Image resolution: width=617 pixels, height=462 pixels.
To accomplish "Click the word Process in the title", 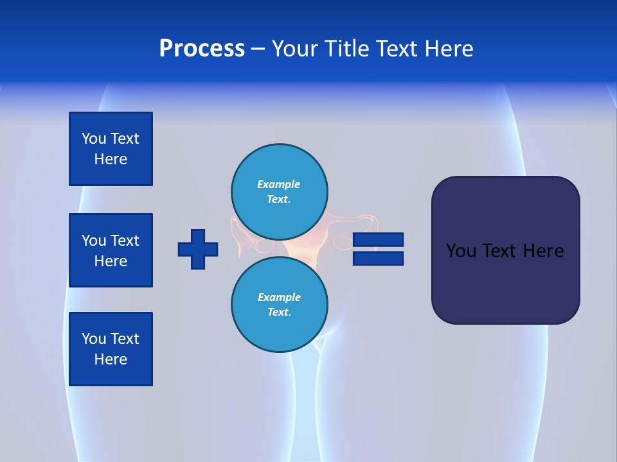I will pyautogui.click(x=202, y=49).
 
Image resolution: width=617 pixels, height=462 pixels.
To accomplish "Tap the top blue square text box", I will pyautogui.click(x=111, y=149).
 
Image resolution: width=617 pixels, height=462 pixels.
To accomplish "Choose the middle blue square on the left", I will pyautogui.click(x=111, y=250).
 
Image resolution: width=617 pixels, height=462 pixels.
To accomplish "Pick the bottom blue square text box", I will pyautogui.click(x=111, y=349).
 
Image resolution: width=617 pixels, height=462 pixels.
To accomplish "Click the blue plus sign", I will pyautogui.click(x=198, y=249).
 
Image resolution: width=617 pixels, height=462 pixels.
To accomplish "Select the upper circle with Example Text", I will pyautogui.click(x=280, y=191).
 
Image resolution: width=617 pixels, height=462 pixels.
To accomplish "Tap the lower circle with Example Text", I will pyautogui.click(x=280, y=304).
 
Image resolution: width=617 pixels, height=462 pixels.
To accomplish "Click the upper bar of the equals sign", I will pyautogui.click(x=379, y=239).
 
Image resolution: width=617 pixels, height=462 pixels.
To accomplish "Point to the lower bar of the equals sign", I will pyautogui.click(x=379, y=258).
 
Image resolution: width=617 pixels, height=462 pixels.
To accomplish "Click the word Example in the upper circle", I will pyautogui.click(x=279, y=184).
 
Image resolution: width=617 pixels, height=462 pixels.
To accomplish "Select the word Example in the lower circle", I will pyautogui.click(x=279, y=297).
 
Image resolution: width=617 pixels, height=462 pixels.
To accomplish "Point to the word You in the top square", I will pyautogui.click(x=94, y=139).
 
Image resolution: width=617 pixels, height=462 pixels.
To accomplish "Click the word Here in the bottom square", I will pyautogui.click(x=111, y=359).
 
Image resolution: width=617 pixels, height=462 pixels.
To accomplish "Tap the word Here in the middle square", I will pyautogui.click(x=111, y=261).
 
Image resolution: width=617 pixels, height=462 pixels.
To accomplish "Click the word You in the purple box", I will pyautogui.click(x=460, y=251).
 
